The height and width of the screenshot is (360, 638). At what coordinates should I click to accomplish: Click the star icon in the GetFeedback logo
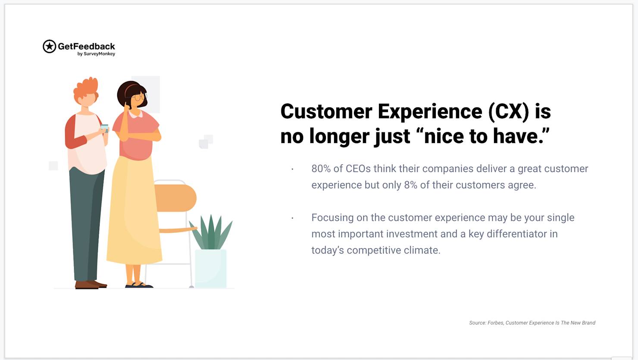click(x=49, y=46)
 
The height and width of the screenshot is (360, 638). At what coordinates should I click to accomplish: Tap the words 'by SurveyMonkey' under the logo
click(x=96, y=54)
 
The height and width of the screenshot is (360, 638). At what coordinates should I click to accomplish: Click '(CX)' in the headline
click(x=508, y=111)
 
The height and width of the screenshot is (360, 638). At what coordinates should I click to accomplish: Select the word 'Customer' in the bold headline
click(x=326, y=111)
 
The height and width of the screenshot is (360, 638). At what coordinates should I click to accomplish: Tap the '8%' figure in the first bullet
click(x=411, y=185)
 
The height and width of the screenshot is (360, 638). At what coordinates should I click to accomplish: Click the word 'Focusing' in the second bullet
click(x=332, y=218)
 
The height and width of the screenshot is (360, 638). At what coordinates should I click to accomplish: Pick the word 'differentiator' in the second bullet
click(x=517, y=234)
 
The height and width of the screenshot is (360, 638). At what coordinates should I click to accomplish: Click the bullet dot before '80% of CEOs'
click(x=293, y=169)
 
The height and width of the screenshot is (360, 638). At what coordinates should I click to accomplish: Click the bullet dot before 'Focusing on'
click(x=293, y=218)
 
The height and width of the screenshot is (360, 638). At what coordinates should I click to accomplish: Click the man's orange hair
click(x=86, y=87)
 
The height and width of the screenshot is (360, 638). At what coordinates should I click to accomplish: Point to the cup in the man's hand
click(x=104, y=128)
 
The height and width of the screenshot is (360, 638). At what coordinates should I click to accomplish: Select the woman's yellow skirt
click(x=134, y=211)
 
